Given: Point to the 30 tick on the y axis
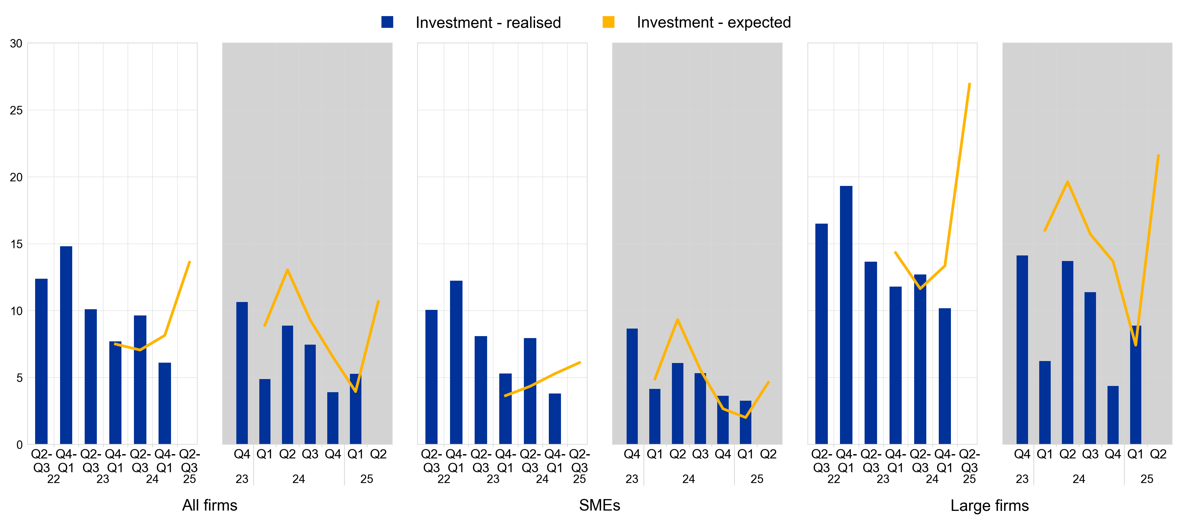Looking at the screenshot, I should (16, 44).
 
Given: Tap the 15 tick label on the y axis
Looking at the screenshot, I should (16, 244).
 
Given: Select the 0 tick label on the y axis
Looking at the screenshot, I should (19, 445).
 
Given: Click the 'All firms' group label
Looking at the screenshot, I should (210, 505).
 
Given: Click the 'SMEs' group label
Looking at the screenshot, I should (599, 505).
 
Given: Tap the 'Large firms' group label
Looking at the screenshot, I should (989, 506).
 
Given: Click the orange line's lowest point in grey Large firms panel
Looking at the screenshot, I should (1136, 345).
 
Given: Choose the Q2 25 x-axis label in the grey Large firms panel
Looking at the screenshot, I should (1158, 454).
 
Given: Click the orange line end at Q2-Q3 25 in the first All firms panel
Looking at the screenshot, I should (189, 262).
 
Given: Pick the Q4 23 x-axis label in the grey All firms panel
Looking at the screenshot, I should (242, 454).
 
